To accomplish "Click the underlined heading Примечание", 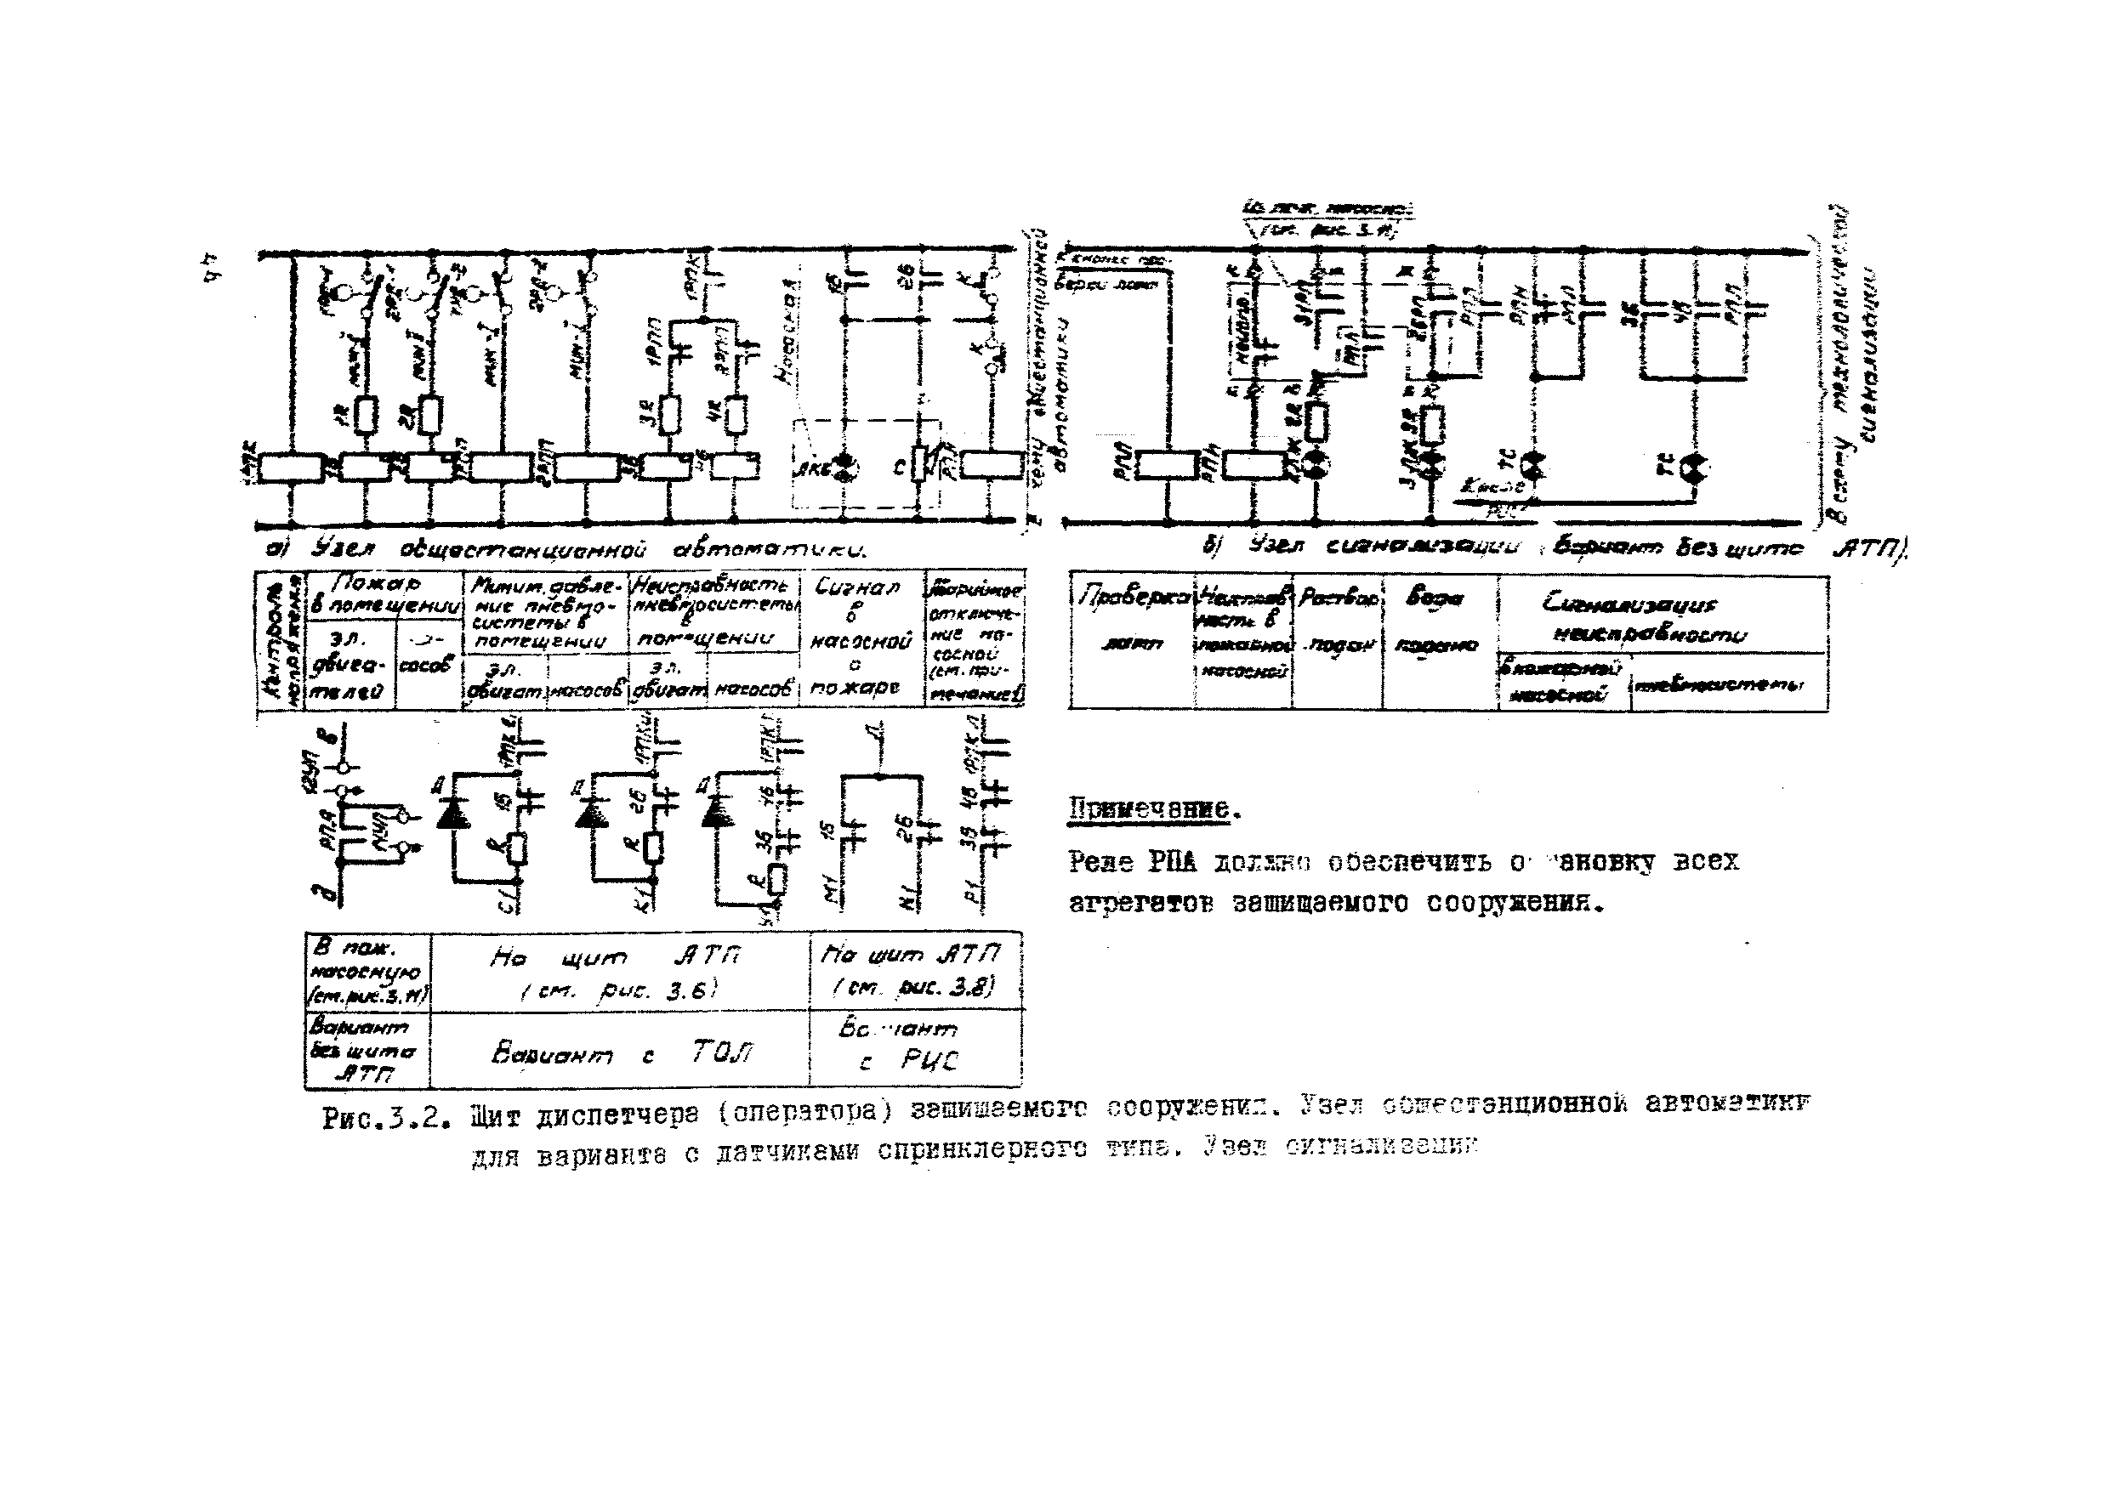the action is pos(1153,810).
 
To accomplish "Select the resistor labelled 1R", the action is pos(366,415).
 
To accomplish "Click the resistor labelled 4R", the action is pos(735,415).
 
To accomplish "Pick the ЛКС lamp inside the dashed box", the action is pos(845,468).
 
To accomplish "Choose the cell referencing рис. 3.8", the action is pos(914,972).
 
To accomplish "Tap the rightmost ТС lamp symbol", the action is pos(1694,468).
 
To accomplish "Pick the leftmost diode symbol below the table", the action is pos(454,813).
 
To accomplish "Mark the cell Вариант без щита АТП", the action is pos(366,1051).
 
